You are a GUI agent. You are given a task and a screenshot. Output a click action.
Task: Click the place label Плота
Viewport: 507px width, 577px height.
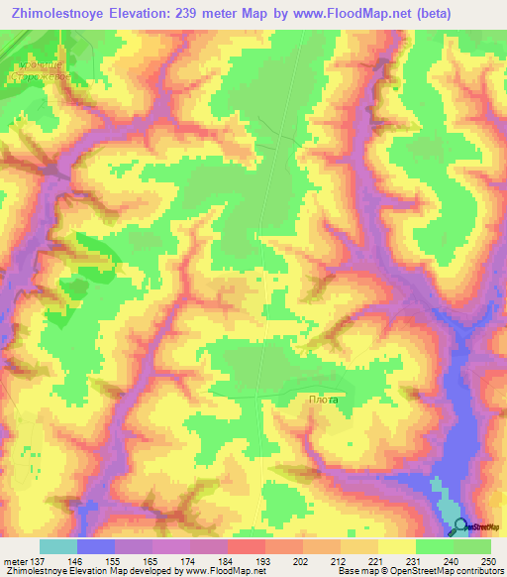click(322, 401)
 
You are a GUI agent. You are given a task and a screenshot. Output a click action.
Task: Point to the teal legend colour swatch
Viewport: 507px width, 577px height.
click(58, 546)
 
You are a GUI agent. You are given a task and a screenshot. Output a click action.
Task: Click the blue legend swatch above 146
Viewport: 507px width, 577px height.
click(96, 546)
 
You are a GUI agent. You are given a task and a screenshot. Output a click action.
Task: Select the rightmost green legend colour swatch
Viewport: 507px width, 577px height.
click(472, 546)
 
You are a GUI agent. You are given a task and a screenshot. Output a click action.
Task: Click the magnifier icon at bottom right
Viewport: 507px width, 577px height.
click(460, 528)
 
